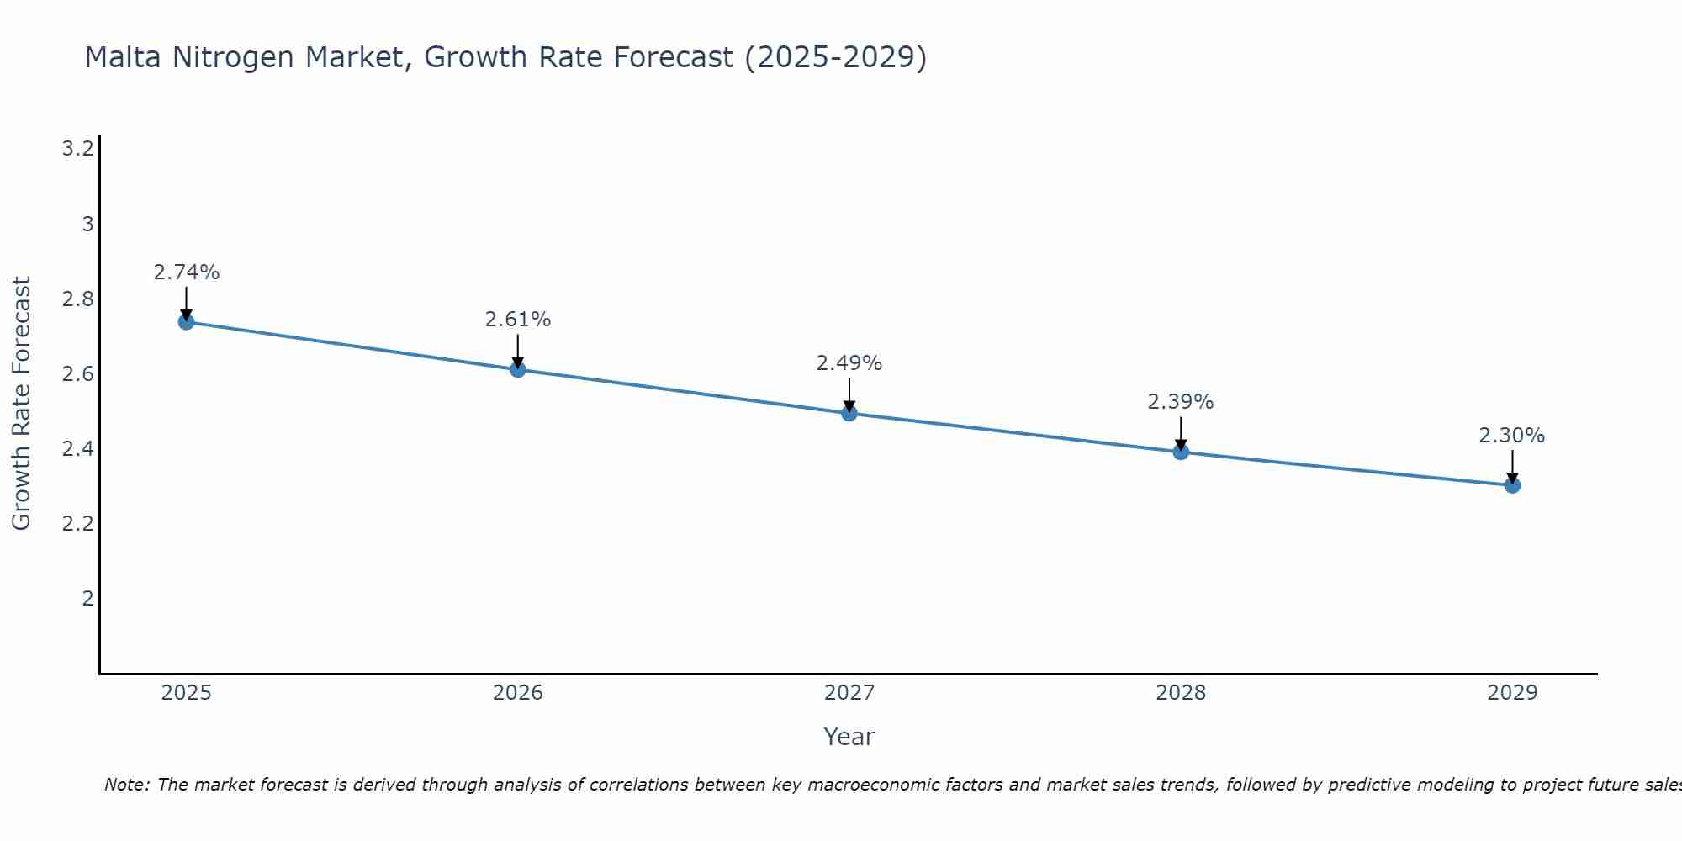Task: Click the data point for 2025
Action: pyautogui.click(x=186, y=322)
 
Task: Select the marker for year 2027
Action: pyautogui.click(x=849, y=413)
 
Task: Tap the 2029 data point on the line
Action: pyautogui.click(x=1512, y=485)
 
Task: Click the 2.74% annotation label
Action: pyautogui.click(x=187, y=272)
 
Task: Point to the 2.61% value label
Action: pyautogui.click(x=518, y=320)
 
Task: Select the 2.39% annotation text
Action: pyautogui.click(x=1181, y=402)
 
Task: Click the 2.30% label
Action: pyautogui.click(x=1512, y=436)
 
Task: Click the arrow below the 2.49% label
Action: pyautogui.click(x=849, y=394)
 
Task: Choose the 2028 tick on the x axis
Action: pyautogui.click(x=1181, y=693)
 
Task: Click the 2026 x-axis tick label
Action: pyautogui.click(x=518, y=693)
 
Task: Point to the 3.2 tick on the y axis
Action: pyautogui.click(x=77, y=149)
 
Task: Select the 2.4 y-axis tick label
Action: pyautogui.click(x=77, y=448)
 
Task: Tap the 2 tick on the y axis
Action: pyautogui.click(x=87, y=598)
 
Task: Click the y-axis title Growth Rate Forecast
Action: pyautogui.click(x=21, y=404)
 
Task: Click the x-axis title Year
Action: pyautogui.click(x=849, y=737)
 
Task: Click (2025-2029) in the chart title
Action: pyautogui.click(x=836, y=57)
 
